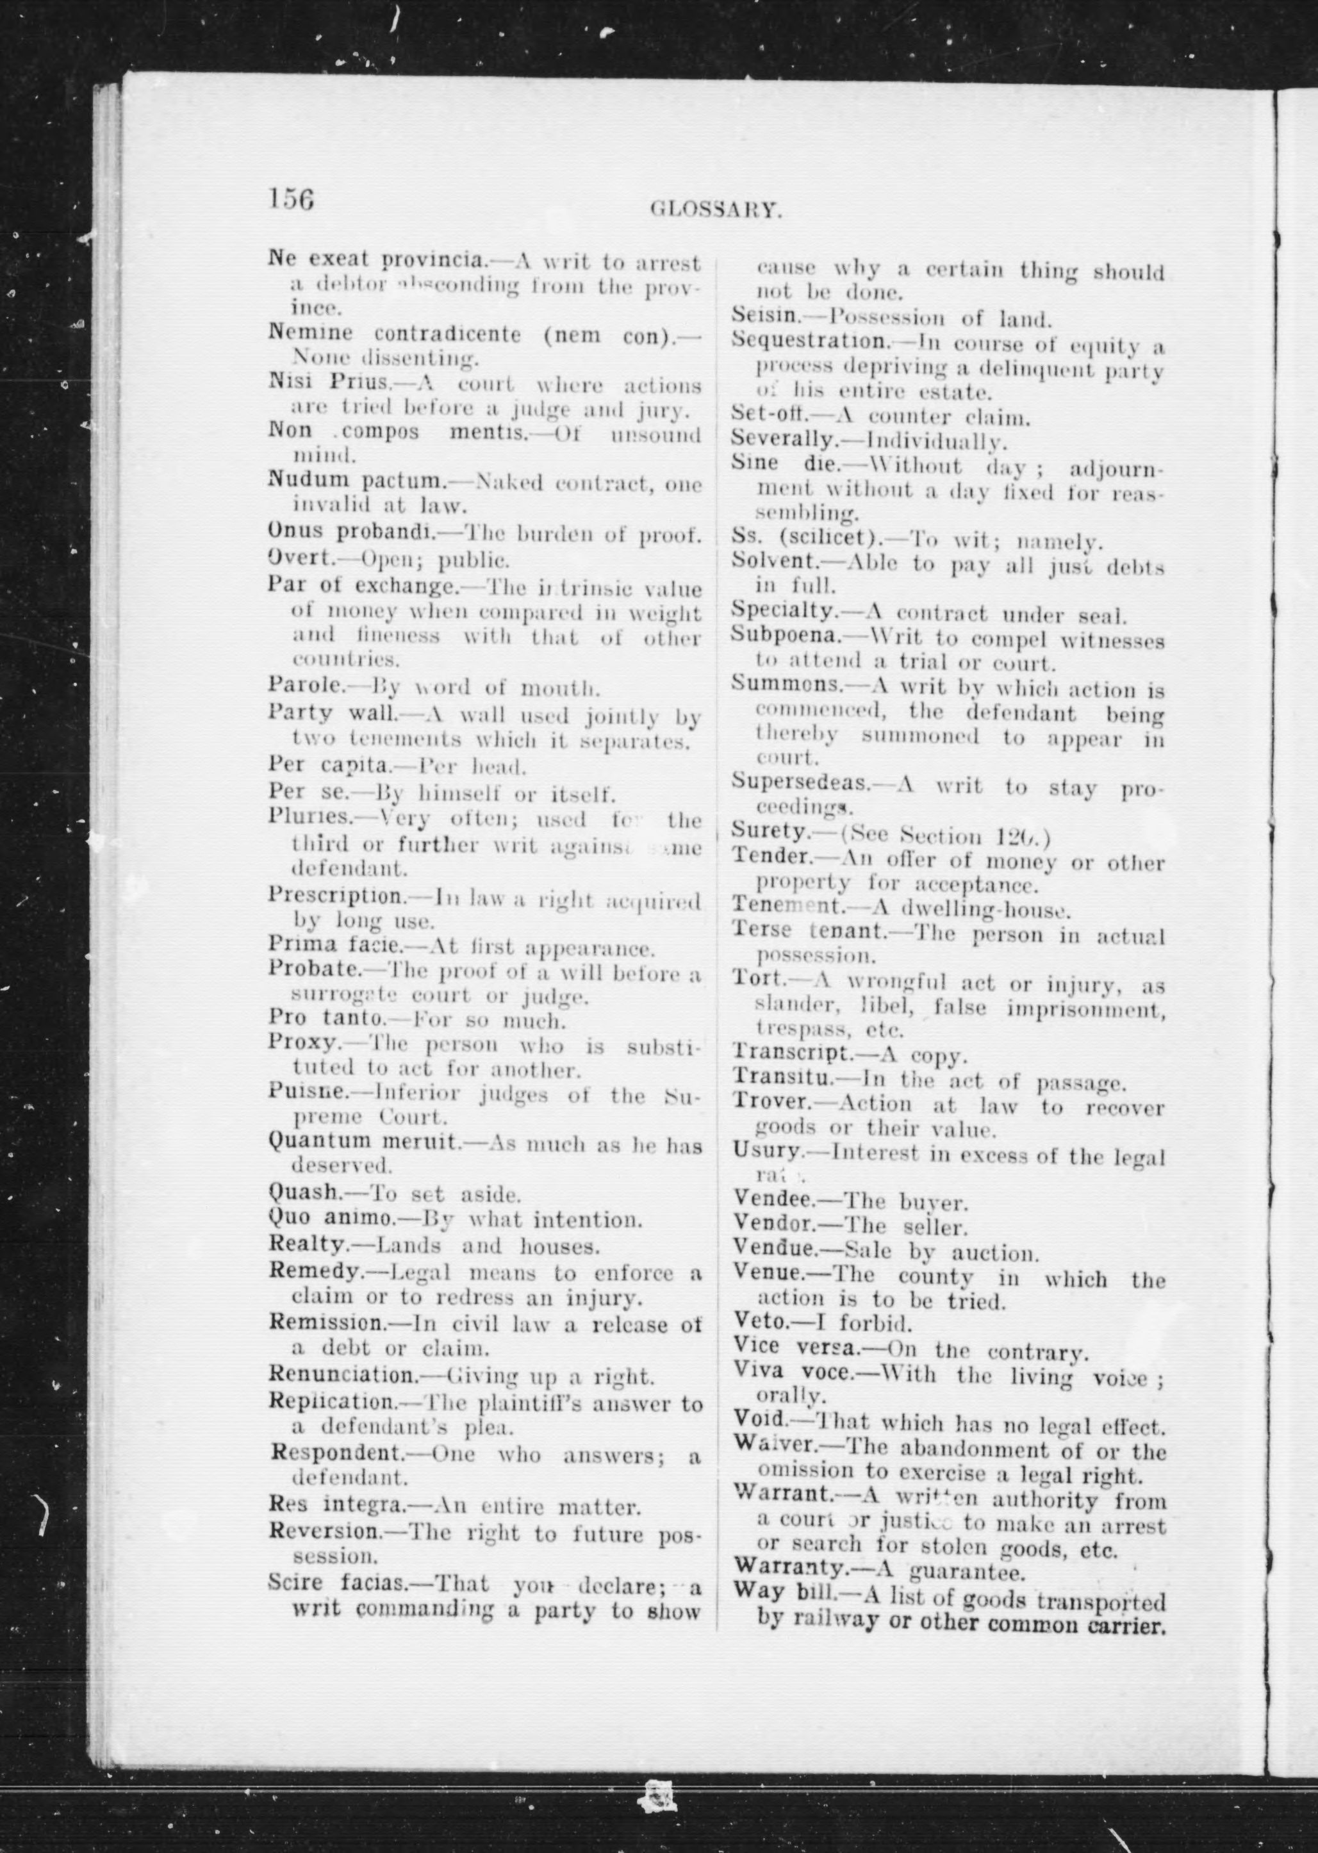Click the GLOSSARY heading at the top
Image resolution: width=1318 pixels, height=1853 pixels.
point(716,211)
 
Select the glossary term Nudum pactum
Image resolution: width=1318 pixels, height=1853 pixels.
point(357,481)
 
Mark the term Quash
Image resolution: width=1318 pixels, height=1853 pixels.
point(304,1194)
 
